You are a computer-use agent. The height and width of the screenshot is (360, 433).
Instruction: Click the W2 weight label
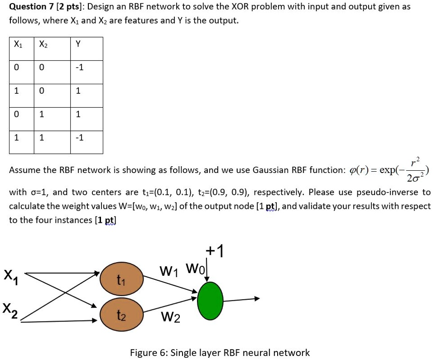click(x=171, y=318)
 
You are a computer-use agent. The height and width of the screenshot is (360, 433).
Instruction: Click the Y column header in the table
click(x=78, y=44)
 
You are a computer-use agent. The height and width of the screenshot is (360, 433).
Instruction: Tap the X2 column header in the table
click(x=43, y=44)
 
